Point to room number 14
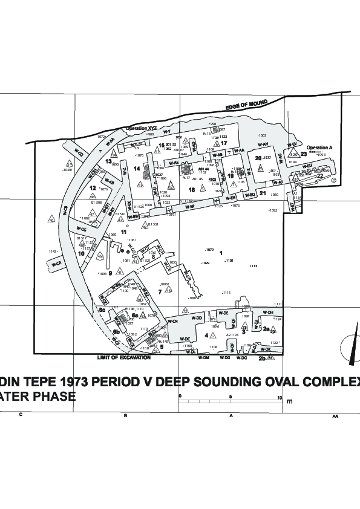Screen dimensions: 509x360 tap(137, 168)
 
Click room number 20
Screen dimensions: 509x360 tap(258, 158)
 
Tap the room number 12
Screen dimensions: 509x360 tap(93, 188)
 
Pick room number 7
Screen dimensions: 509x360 tap(160, 291)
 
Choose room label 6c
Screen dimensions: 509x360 tap(103, 310)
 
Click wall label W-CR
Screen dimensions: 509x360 tap(57, 264)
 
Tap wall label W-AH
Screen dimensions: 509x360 tap(262, 145)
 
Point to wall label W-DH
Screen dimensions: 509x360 tap(269, 312)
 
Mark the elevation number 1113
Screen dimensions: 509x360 tap(253, 266)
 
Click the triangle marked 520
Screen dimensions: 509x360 tap(293, 155)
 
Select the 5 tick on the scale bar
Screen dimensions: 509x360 tap(231, 397)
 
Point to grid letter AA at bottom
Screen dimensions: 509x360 tap(335, 416)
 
